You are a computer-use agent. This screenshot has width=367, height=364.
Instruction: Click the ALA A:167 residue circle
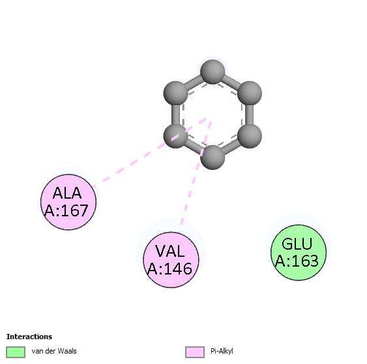(x=68, y=202)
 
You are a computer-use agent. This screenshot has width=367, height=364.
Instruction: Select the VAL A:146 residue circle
(x=171, y=259)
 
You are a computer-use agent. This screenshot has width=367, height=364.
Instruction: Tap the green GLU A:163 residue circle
(x=299, y=252)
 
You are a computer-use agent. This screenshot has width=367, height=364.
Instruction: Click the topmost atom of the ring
(x=213, y=72)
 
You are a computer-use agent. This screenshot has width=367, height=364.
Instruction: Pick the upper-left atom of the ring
(x=175, y=93)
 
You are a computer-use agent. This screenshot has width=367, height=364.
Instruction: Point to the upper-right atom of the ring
(x=250, y=93)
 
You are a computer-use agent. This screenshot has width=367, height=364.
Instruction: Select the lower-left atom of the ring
(x=175, y=136)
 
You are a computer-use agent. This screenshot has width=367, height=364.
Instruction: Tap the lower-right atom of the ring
(x=250, y=136)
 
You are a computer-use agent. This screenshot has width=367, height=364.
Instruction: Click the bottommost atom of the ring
(x=213, y=157)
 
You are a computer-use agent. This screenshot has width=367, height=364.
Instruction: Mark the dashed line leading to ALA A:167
(x=149, y=153)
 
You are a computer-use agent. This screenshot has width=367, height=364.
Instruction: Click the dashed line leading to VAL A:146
(x=196, y=173)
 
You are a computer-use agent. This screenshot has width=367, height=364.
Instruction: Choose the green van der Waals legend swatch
(x=16, y=352)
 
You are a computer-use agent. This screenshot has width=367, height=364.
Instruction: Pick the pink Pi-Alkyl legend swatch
(x=195, y=352)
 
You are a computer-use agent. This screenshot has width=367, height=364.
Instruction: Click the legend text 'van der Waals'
(x=54, y=351)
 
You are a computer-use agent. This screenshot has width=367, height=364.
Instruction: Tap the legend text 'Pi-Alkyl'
(x=222, y=351)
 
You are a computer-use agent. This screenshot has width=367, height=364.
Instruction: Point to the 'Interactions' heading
(x=29, y=337)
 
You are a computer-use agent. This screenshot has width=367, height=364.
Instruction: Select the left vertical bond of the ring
(x=175, y=114)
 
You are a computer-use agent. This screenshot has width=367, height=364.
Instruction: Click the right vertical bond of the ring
(x=250, y=114)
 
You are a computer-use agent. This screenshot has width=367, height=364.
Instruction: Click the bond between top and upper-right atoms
(x=231, y=82)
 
